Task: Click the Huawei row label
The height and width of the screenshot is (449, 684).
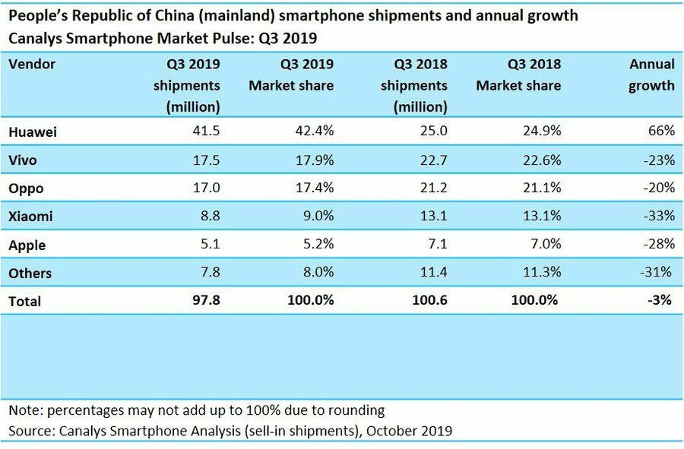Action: [33, 131]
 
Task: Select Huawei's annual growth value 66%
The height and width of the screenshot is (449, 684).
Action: [661, 131]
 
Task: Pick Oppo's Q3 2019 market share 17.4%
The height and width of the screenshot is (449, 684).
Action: [312, 188]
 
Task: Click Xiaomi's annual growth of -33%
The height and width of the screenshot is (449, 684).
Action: [657, 216]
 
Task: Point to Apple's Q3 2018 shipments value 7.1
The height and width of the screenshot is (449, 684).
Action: [437, 245]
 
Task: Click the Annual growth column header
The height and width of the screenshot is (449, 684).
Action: [651, 74]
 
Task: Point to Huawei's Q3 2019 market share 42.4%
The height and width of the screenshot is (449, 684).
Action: [312, 131]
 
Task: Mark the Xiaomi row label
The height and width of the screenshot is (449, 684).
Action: [30, 216]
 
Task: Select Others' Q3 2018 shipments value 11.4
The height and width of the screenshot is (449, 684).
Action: [433, 273]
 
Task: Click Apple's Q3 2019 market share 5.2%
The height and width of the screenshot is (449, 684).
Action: [316, 245]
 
